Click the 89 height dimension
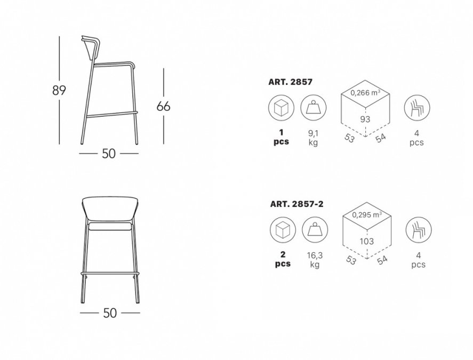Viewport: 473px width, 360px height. (59, 90)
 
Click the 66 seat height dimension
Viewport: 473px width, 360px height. (164, 106)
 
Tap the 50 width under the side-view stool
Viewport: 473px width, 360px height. (109, 154)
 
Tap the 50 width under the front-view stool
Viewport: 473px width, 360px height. (110, 313)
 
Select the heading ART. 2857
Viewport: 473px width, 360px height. (290, 82)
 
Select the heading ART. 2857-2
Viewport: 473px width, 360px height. (296, 204)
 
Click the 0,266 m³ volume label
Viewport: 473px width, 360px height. (365, 93)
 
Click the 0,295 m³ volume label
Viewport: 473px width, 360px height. (367, 215)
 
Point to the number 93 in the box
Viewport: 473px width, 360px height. (365, 119)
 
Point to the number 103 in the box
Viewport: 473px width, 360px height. (367, 241)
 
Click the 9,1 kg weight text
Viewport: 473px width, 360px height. (313, 138)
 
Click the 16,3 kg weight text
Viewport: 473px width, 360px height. (315, 260)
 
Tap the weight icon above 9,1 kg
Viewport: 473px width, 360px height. (313, 107)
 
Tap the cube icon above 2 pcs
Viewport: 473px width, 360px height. (283, 230)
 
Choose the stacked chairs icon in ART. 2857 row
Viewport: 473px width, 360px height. (417, 107)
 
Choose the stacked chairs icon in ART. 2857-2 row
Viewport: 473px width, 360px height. (419, 230)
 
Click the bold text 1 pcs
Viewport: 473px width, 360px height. (281, 137)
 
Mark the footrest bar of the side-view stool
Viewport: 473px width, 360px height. (111, 114)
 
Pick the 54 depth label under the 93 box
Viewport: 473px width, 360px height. (381, 138)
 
